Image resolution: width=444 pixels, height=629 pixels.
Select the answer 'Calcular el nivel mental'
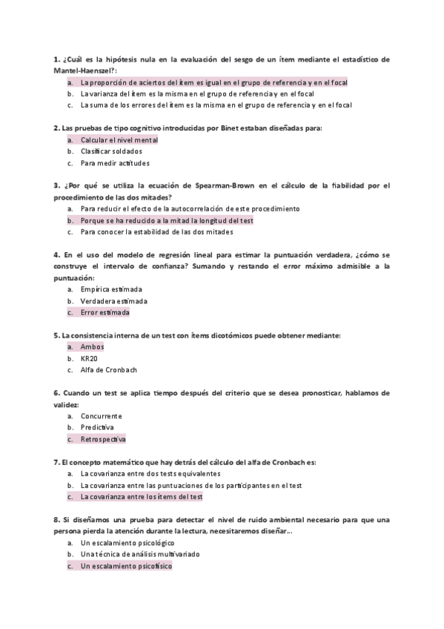click(x=119, y=139)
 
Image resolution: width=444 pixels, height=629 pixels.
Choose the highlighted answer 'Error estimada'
click(x=105, y=312)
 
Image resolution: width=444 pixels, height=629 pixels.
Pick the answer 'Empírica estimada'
click(x=111, y=289)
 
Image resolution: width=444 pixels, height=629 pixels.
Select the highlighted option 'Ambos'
click(x=92, y=347)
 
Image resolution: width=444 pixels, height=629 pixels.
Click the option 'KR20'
click(x=89, y=358)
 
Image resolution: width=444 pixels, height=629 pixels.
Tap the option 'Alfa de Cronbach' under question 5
click(x=108, y=370)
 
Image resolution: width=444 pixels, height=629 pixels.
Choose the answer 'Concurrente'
click(x=102, y=416)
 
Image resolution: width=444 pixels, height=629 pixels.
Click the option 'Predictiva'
click(x=97, y=428)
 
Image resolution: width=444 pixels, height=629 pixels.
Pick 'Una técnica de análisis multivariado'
click(x=140, y=554)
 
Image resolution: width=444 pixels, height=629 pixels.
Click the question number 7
click(x=56, y=462)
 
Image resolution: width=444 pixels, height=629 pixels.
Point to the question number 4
click(x=56, y=254)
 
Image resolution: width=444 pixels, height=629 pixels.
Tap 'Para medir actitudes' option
click(x=114, y=162)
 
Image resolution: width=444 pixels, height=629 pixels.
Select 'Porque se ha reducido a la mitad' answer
click(x=167, y=220)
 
